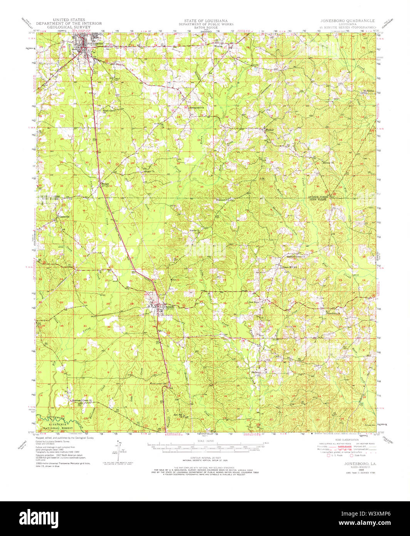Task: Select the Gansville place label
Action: (64, 217)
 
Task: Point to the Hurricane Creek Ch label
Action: (84, 400)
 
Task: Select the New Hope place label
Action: (254, 302)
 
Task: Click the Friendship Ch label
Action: (334, 313)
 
